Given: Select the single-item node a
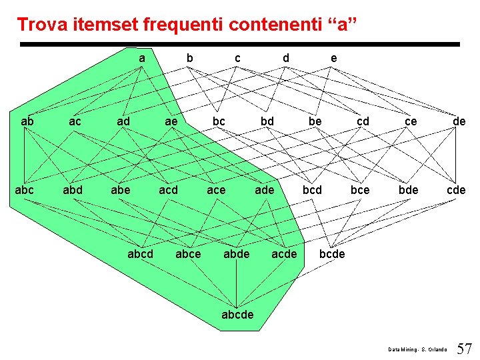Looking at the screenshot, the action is click(x=142, y=59).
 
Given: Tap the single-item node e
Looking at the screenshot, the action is click(x=333, y=59).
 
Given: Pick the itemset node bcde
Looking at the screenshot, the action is click(x=332, y=254).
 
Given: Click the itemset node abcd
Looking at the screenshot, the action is click(x=140, y=254).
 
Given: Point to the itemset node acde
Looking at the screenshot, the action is click(x=284, y=254).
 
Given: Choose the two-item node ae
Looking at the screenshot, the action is click(x=171, y=122).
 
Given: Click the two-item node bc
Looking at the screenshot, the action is click(x=219, y=122).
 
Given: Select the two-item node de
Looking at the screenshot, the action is click(x=459, y=122).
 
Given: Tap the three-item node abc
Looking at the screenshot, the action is click(x=25, y=190).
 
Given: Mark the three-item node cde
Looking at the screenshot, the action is click(x=456, y=190).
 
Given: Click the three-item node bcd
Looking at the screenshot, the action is click(x=312, y=190).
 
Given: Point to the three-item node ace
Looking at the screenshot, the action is click(x=216, y=190).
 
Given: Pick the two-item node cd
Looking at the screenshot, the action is click(x=363, y=122).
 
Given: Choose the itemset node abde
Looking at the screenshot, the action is click(x=236, y=254).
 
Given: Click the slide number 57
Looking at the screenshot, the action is click(x=464, y=348).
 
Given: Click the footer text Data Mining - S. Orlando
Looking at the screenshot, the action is click(x=419, y=349).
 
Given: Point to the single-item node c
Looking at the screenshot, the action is click(x=237, y=59).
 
